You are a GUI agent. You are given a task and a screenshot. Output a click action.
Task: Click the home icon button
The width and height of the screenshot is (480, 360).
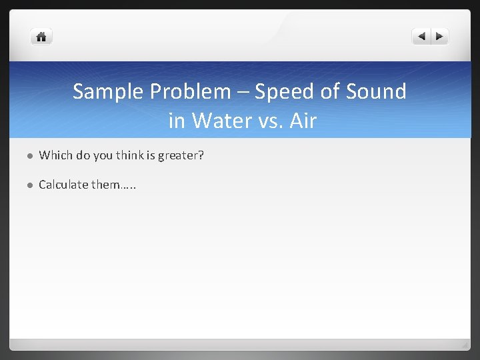coord(41,37)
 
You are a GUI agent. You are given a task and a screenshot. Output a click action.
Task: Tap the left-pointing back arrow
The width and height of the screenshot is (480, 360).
coord(421,37)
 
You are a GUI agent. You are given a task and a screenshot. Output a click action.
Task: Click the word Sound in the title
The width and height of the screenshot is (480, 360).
coord(375,91)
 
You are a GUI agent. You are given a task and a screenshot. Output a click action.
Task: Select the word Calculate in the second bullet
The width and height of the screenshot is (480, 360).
coord(63,184)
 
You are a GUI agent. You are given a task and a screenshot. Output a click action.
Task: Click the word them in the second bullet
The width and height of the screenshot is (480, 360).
coord(107,184)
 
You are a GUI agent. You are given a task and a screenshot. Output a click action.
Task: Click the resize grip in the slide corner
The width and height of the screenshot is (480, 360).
coord(465,345)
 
